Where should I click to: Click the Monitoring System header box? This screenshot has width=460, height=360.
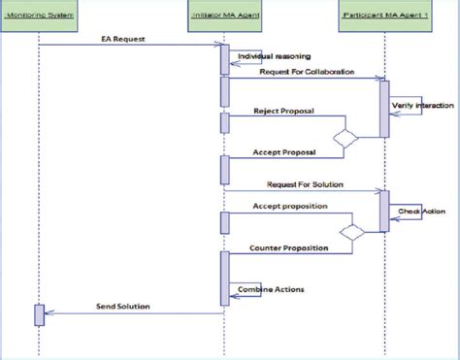coord(40,17)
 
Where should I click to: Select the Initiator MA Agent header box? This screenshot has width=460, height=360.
coord(224,17)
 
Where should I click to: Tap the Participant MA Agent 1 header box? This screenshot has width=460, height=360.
coord(384,17)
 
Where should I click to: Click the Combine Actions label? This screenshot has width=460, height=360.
coord(264,289)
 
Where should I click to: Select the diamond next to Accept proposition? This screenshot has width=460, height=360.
coord(350,231)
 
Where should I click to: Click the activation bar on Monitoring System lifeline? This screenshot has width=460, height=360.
coord(40,314)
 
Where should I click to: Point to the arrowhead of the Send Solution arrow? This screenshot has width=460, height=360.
coord(49,313)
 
